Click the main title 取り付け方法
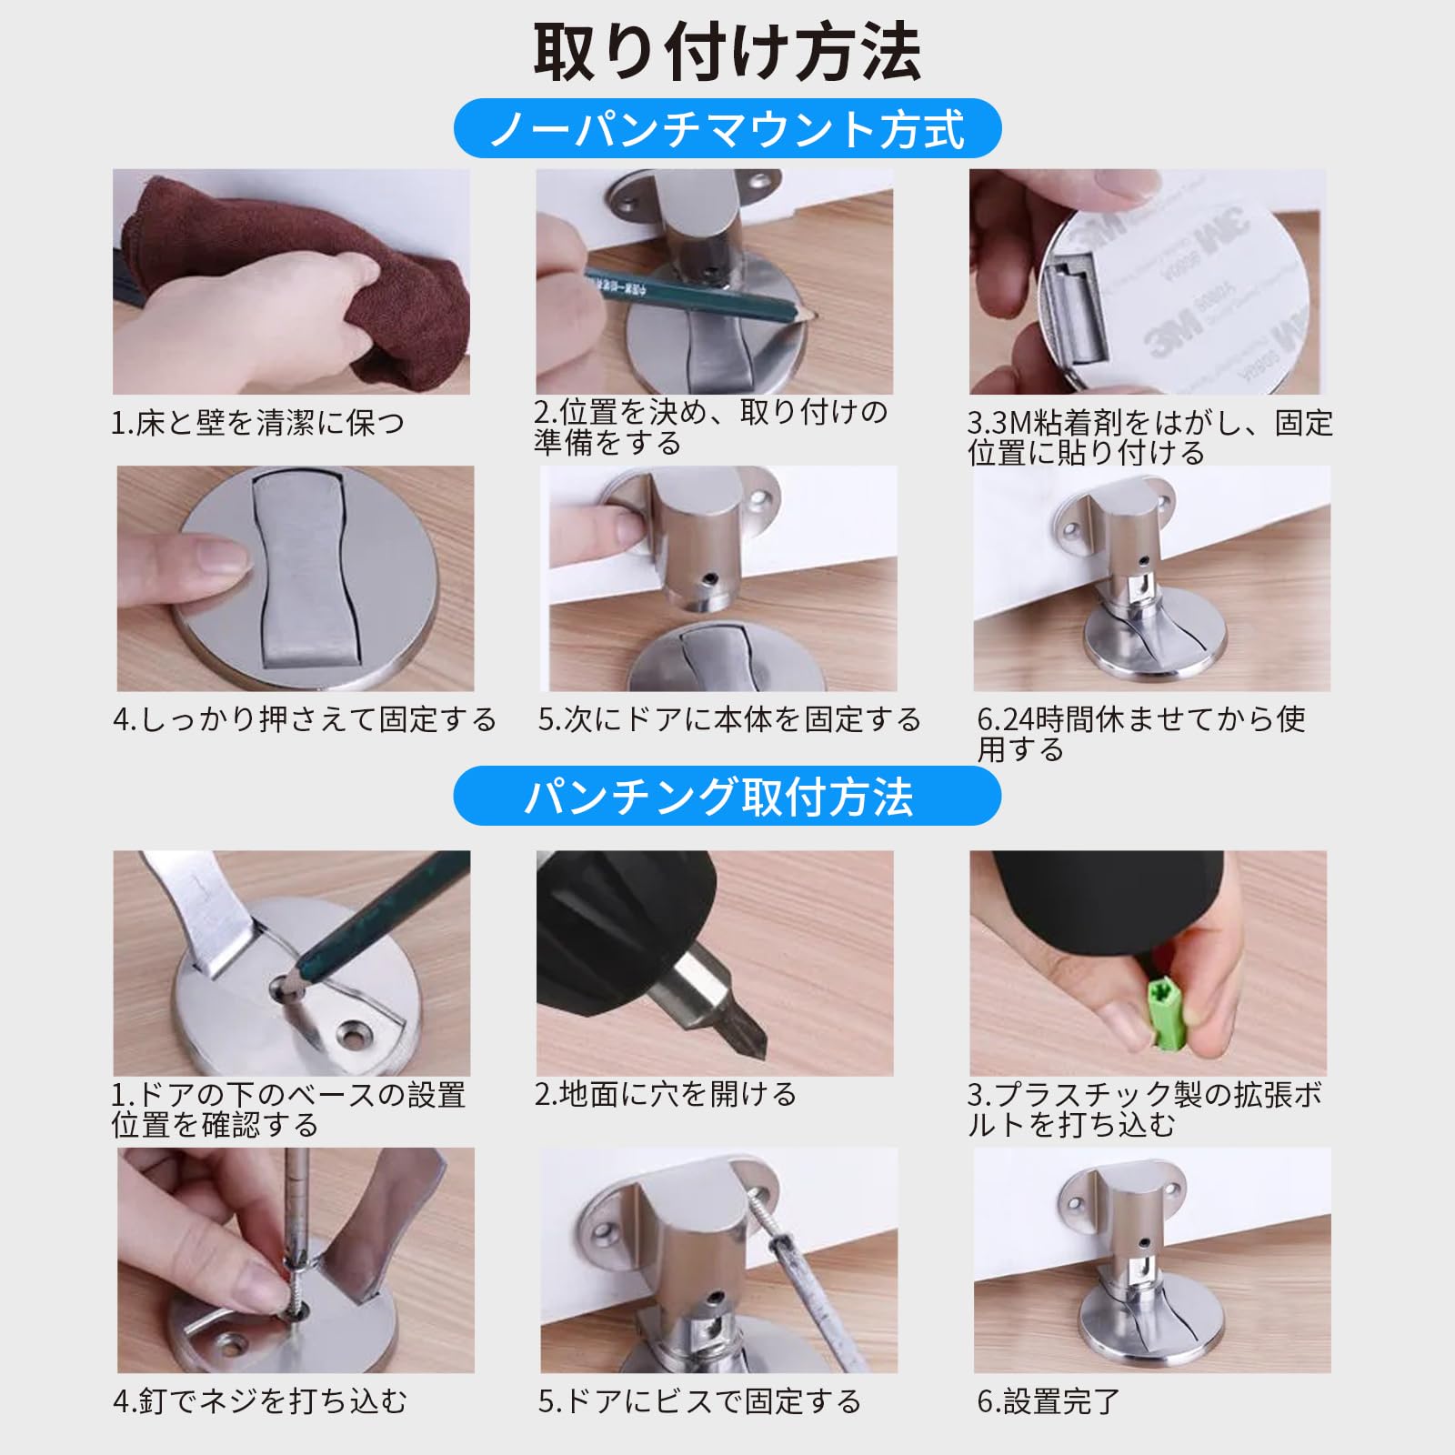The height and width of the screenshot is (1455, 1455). pyautogui.click(x=727, y=52)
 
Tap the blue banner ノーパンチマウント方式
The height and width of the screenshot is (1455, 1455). pyautogui.click(x=727, y=128)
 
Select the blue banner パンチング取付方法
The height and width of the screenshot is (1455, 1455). pyautogui.click(x=727, y=796)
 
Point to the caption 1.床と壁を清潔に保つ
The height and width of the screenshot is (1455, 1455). pyautogui.click(x=257, y=423)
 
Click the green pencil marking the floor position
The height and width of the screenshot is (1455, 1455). pyautogui.click(x=700, y=294)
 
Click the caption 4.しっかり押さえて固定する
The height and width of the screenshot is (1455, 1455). pyautogui.click(x=305, y=719)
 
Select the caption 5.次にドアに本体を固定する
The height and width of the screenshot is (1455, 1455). pyautogui.click(x=729, y=719)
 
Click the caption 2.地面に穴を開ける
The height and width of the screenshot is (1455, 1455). pyautogui.click(x=666, y=1094)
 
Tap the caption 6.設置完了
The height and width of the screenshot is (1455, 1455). pyautogui.click(x=1049, y=1401)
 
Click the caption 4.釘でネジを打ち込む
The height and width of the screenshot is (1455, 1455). pyautogui.click(x=260, y=1401)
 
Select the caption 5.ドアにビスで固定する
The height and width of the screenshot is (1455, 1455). pyautogui.click(x=699, y=1401)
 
